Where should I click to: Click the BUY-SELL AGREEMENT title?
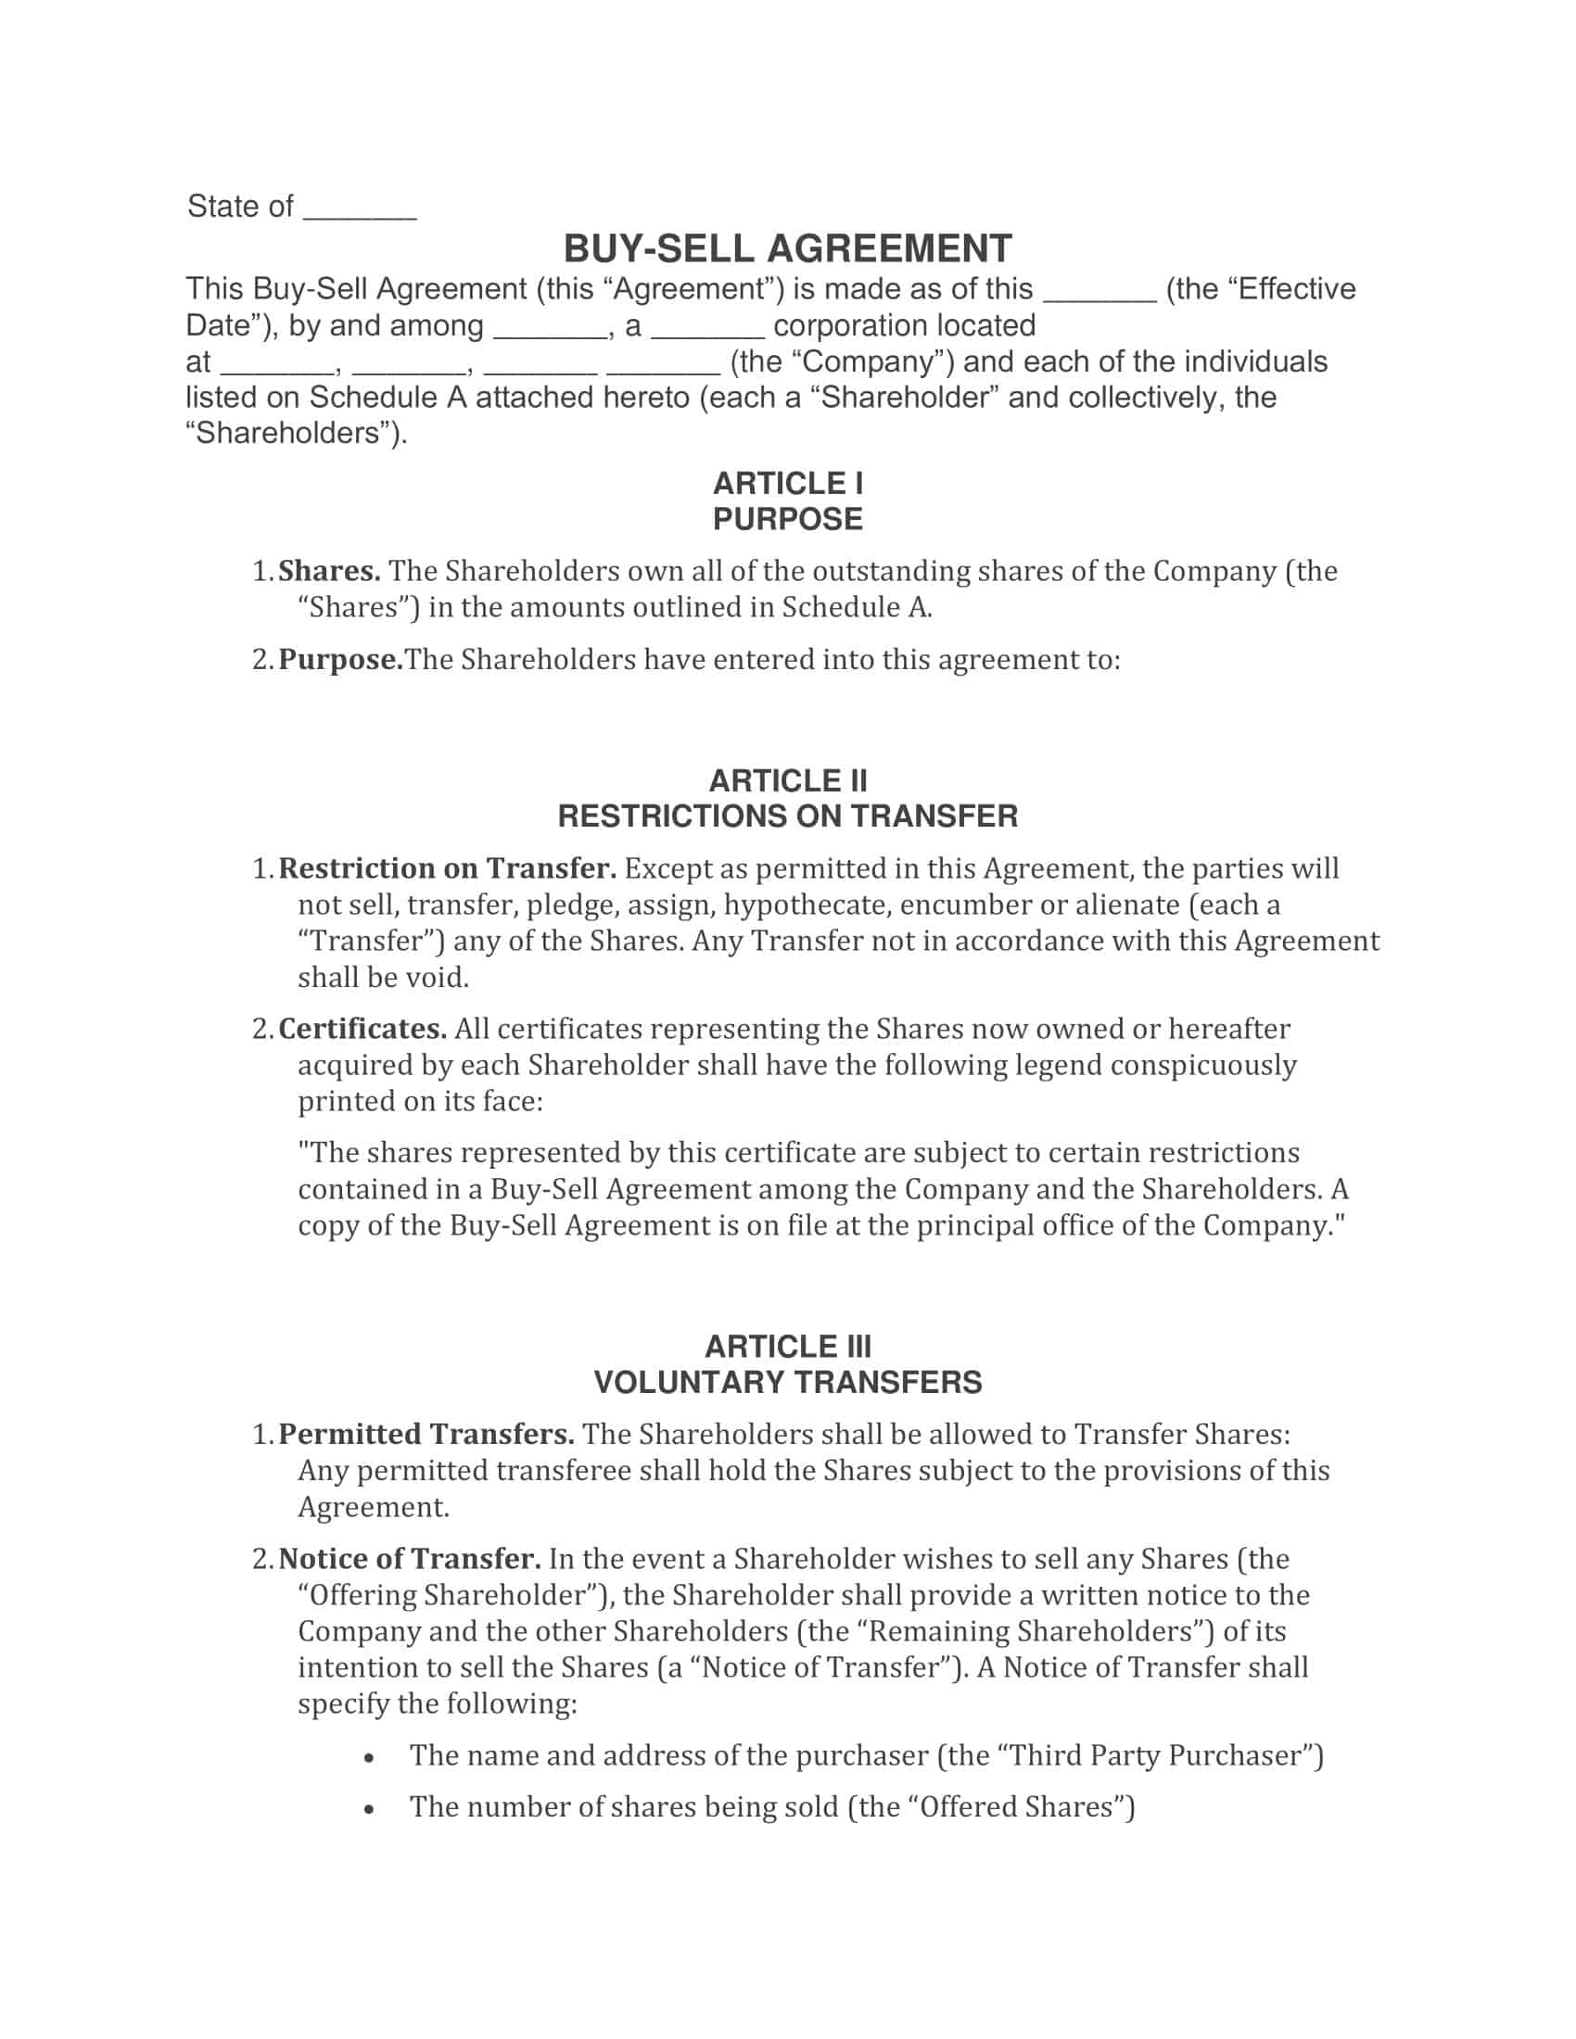787,249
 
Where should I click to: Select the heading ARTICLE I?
787,484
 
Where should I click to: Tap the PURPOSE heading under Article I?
787,519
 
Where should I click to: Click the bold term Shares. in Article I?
329,570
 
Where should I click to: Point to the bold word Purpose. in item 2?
340,660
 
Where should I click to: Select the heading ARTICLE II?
787,780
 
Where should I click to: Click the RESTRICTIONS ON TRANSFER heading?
787,816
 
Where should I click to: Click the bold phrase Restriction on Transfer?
447,868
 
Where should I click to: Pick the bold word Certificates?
362,1029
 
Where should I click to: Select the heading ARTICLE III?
787,1347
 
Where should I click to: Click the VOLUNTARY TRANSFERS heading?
787,1382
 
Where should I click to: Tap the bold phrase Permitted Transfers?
426,1434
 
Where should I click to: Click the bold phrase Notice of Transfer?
409,1558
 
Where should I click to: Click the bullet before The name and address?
370,1757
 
